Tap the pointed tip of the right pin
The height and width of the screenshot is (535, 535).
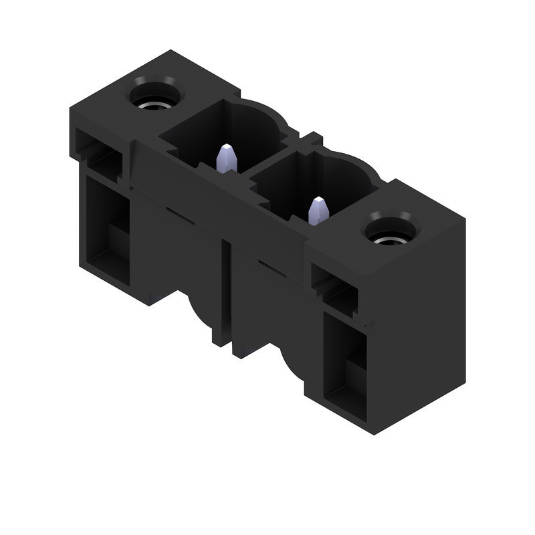318,200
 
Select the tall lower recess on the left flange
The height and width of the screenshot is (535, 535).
107,227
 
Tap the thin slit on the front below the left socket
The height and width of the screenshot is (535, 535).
177,213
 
